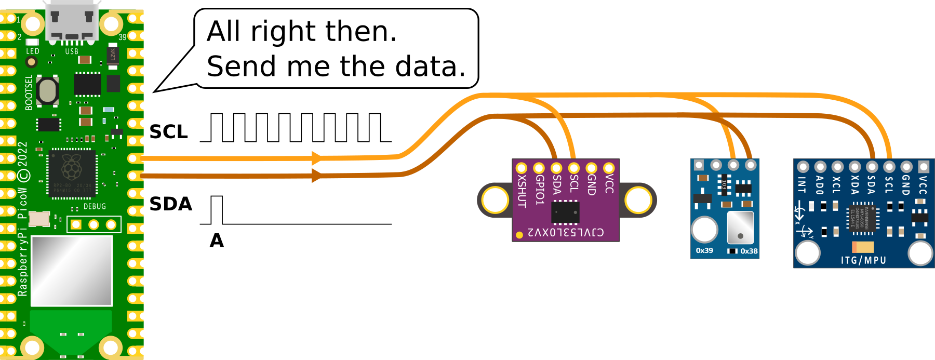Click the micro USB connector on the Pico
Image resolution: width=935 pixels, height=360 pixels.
coord(72,21)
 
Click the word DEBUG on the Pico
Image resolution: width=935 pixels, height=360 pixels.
coord(95,206)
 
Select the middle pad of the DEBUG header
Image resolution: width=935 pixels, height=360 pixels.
coord(94,224)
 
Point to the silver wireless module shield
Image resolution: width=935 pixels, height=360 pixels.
coord(72,271)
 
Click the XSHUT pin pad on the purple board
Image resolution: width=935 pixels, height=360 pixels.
coord(522,168)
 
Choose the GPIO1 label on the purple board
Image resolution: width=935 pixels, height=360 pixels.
coord(540,189)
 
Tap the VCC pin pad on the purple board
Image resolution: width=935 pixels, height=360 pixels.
coord(609,168)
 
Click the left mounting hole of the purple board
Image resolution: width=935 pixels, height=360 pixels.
coord(495,200)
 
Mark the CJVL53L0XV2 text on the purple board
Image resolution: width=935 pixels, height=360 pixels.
coord(566,232)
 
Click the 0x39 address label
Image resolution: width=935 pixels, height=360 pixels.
coord(704,250)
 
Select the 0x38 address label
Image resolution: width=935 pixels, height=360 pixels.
coord(749,251)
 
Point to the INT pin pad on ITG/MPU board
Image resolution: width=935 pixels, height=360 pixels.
coord(803,167)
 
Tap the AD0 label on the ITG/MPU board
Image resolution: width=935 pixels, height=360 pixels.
coord(820,185)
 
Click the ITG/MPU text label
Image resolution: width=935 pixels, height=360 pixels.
coord(863,260)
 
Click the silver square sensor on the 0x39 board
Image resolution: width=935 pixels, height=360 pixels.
coord(740,227)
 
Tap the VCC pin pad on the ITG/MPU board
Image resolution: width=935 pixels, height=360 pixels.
coord(923,167)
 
